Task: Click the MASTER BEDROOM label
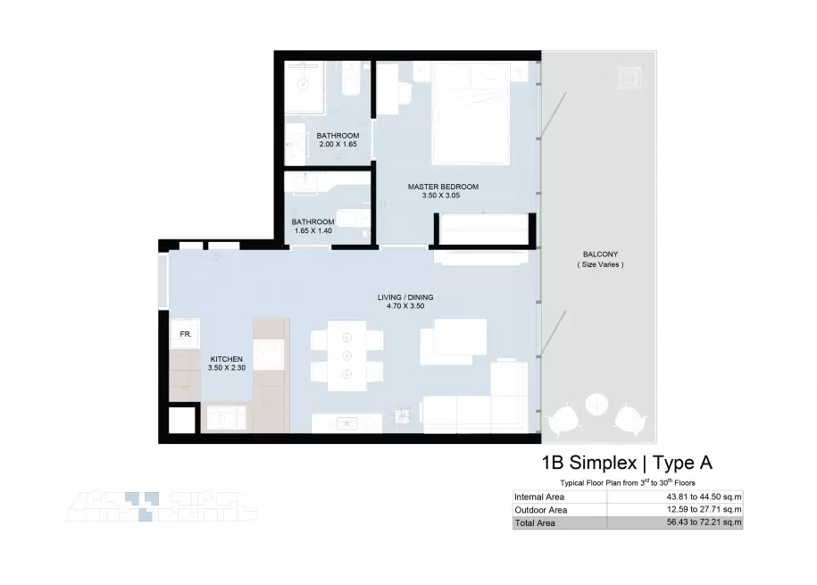pyautogui.click(x=443, y=187)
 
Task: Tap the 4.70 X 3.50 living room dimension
pyautogui.click(x=405, y=306)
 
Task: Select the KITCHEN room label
pyautogui.click(x=227, y=359)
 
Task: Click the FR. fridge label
pyautogui.click(x=186, y=334)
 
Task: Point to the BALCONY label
pyautogui.click(x=600, y=255)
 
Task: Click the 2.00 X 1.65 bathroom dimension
pyautogui.click(x=338, y=144)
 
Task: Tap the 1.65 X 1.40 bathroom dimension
pyautogui.click(x=313, y=230)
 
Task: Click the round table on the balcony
pyautogui.click(x=596, y=404)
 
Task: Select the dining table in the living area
pyautogui.click(x=347, y=355)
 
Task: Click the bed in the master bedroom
pyautogui.click(x=471, y=113)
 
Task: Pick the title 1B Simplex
pyautogui.click(x=589, y=463)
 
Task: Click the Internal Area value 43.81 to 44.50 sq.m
pyautogui.click(x=704, y=497)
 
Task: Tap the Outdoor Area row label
pyautogui.click(x=541, y=510)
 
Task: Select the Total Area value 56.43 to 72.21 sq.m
pyautogui.click(x=704, y=522)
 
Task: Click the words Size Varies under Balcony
pyautogui.click(x=600, y=264)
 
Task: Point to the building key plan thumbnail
pyautogui.click(x=161, y=506)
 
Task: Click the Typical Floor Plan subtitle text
pyautogui.click(x=628, y=482)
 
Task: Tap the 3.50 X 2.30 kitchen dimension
pyautogui.click(x=227, y=368)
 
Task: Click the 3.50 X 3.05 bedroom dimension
pyautogui.click(x=441, y=196)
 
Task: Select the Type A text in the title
pyautogui.click(x=682, y=463)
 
